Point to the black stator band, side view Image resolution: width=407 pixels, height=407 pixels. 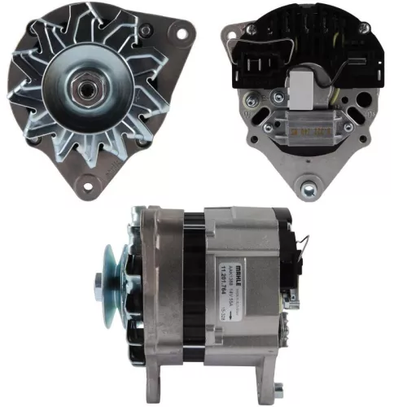click(193, 285)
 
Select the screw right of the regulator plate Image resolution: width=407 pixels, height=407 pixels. click(341, 127)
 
